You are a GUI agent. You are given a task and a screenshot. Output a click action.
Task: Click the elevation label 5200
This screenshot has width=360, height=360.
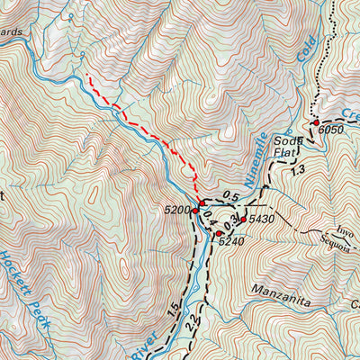tap(177, 210)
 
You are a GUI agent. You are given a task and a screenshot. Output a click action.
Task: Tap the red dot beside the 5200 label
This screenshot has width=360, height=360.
tap(195, 211)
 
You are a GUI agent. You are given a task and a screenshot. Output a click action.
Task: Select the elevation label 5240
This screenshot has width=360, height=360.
tap(231, 241)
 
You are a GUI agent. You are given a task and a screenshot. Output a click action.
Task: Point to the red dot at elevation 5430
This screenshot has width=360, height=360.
tap(242, 220)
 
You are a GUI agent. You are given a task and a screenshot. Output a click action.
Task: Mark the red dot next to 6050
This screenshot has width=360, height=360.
tap(317, 122)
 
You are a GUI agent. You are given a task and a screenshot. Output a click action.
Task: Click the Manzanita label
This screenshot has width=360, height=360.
tap(260, 290)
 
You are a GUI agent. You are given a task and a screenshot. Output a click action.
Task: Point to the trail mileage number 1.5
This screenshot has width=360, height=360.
tap(172, 307)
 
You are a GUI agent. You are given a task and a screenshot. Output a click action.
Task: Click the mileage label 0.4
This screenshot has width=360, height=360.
tap(208, 216)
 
